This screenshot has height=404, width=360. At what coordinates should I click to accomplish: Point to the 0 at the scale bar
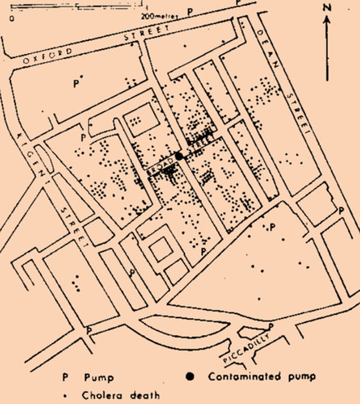point(12,18)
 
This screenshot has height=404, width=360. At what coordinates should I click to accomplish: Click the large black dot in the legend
point(190,376)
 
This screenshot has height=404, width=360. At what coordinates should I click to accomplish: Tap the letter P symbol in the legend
point(65,377)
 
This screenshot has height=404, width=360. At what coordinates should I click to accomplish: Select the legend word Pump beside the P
point(99,378)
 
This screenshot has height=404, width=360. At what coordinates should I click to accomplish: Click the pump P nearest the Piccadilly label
point(271,326)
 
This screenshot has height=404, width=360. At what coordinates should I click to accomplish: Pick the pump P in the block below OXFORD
point(76,83)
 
